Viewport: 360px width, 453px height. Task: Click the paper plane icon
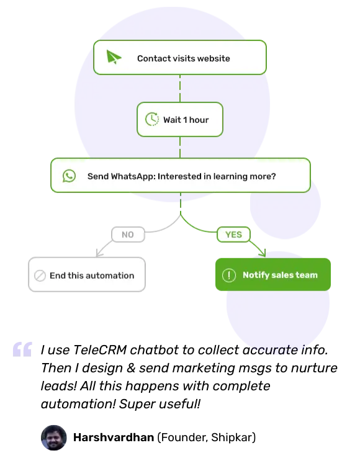(x=113, y=58)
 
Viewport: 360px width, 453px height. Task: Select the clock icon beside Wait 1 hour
(x=151, y=119)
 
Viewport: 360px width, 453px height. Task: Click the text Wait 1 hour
(x=186, y=120)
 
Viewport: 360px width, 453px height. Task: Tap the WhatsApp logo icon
(x=69, y=176)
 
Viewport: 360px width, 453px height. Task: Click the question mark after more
(x=273, y=176)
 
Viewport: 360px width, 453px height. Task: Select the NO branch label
(x=127, y=235)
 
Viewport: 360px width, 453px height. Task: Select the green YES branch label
(x=233, y=235)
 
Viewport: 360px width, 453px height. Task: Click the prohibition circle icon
(x=40, y=276)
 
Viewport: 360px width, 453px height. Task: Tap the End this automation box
(x=86, y=275)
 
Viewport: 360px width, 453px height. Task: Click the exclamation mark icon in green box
(x=229, y=275)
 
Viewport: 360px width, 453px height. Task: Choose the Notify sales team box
(x=272, y=275)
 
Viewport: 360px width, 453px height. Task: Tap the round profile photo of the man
(x=54, y=438)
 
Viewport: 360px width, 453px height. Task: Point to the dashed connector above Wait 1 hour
(x=180, y=88)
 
